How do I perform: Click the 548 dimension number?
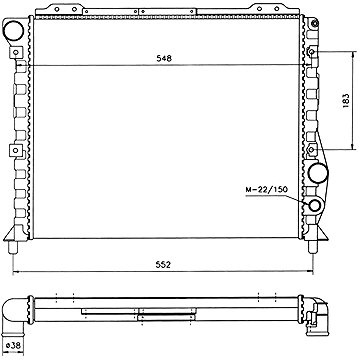(x=164, y=59)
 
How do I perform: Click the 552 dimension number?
(x=164, y=265)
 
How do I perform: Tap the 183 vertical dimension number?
(x=346, y=100)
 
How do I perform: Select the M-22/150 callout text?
(x=266, y=190)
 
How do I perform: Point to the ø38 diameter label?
(x=13, y=346)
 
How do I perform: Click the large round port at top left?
(x=13, y=30)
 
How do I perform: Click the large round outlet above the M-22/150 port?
(x=318, y=173)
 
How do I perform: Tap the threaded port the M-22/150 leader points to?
(x=315, y=206)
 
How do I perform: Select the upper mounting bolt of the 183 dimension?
(x=312, y=52)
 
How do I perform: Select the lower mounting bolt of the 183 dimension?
(x=312, y=150)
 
